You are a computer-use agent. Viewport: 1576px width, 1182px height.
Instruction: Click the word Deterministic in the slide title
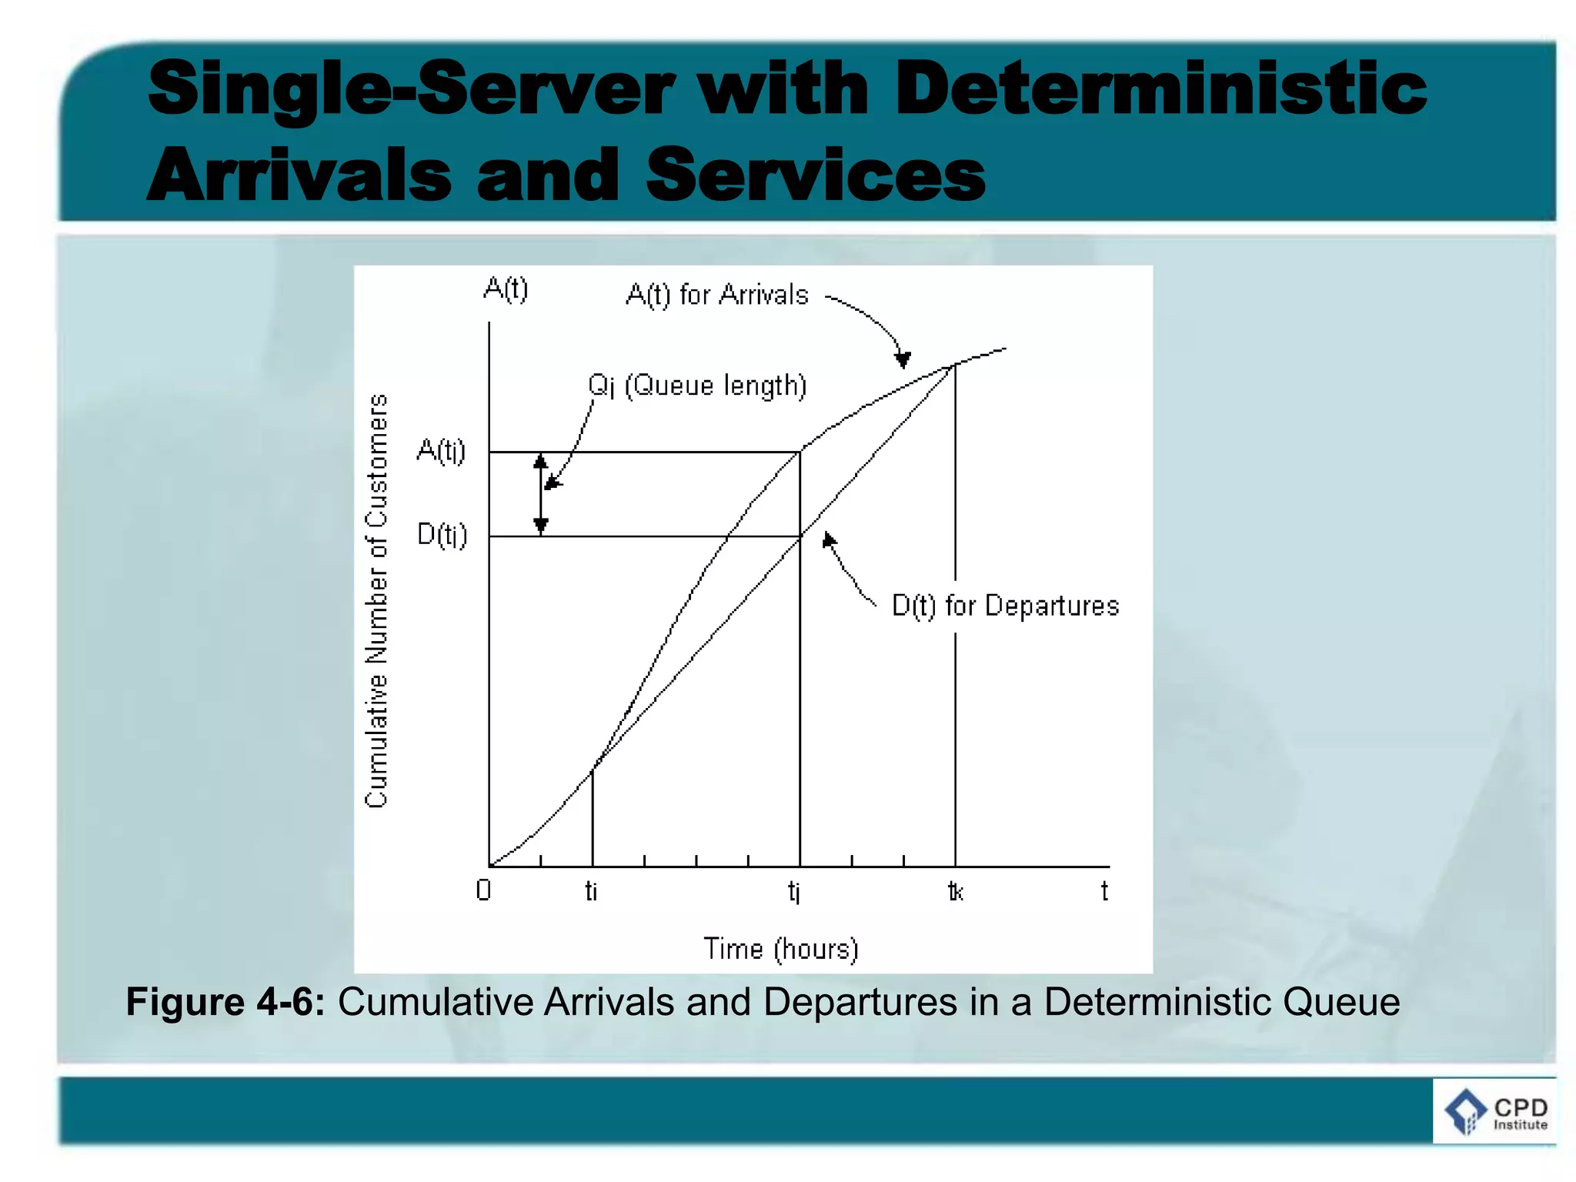coord(1160,89)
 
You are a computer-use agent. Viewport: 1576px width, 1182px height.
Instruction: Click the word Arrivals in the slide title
coord(299,175)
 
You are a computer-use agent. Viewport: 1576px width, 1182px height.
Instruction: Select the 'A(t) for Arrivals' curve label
coord(717,295)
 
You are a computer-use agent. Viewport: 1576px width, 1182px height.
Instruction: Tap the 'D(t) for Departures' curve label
coord(1005,606)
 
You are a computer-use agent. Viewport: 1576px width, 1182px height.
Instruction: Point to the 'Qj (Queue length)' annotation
coord(697,386)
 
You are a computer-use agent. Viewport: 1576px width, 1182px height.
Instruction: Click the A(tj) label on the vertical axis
coord(441,451)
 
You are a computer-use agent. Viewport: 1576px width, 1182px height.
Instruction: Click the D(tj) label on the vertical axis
coord(442,534)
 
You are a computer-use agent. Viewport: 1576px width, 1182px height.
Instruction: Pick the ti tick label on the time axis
coord(591,891)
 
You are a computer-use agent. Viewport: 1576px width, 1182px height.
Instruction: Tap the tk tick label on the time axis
coord(955,891)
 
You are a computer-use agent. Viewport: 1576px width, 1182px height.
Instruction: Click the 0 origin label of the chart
coord(483,890)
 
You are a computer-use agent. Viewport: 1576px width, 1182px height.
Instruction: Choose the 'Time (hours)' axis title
coord(781,949)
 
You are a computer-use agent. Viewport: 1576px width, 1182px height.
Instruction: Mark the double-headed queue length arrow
coord(541,493)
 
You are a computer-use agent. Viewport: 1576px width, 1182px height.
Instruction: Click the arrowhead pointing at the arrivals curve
coord(903,359)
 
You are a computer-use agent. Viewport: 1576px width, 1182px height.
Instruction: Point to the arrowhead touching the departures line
coord(828,540)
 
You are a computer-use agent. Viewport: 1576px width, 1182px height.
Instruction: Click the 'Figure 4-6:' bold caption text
coord(225,1002)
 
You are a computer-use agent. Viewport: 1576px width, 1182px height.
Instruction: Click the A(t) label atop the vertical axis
coord(506,289)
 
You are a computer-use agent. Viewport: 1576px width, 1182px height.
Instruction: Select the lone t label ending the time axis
coord(1104,891)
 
